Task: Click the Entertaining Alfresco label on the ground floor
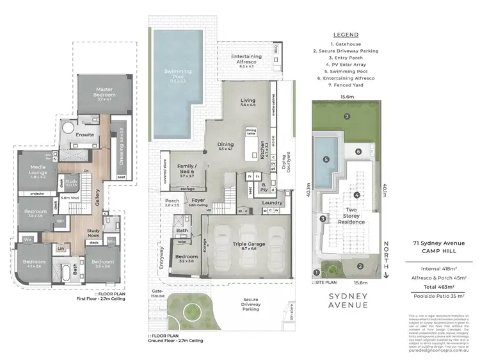[243, 60]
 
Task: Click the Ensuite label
[85, 135]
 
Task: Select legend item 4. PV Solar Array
[346, 64]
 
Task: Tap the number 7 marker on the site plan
[346, 117]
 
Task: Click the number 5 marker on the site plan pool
[326, 159]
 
